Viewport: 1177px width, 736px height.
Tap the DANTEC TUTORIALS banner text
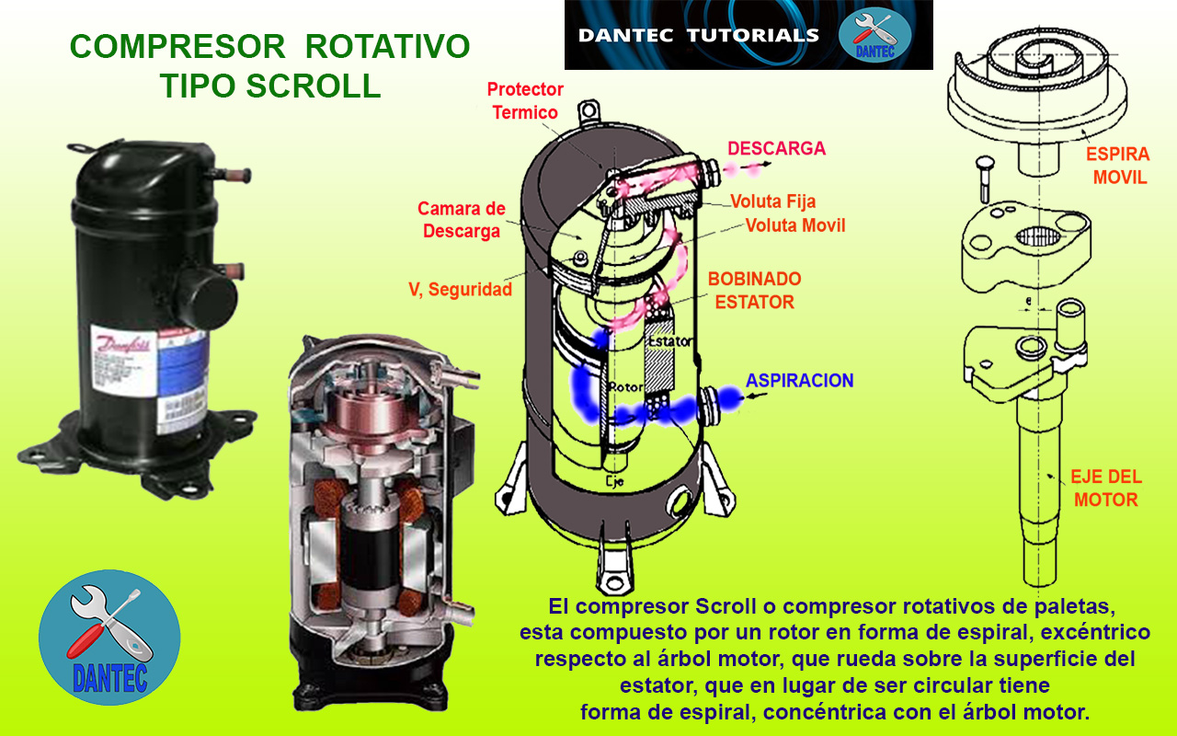tap(698, 36)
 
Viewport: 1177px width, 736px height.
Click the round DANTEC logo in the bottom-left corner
tap(109, 638)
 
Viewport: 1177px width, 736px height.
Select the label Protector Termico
tap(525, 101)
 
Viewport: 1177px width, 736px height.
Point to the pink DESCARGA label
tap(776, 148)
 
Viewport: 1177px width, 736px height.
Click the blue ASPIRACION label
tap(799, 380)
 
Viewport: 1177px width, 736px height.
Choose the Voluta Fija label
tap(772, 201)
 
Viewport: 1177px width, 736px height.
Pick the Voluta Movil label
tap(794, 225)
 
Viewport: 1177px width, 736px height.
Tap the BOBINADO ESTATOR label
tap(754, 290)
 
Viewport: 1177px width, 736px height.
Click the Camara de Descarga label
tap(461, 220)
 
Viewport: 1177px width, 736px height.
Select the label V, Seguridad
tap(460, 289)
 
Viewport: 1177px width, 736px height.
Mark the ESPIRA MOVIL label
tap(1118, 166)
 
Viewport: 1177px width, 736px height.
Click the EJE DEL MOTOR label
tap(1106, 489)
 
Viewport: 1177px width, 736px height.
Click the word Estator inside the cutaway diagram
tap(668, 342)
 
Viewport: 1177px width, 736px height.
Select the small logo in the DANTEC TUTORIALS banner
tap(874, 35)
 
